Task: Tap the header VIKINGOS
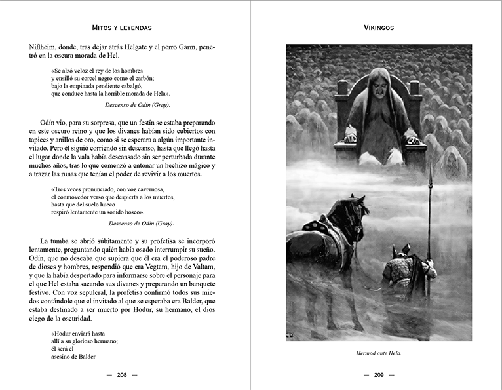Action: [x=379, y=28]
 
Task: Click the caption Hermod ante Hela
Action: [x=379, y=353]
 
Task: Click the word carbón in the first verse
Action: [x=142, y=78]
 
